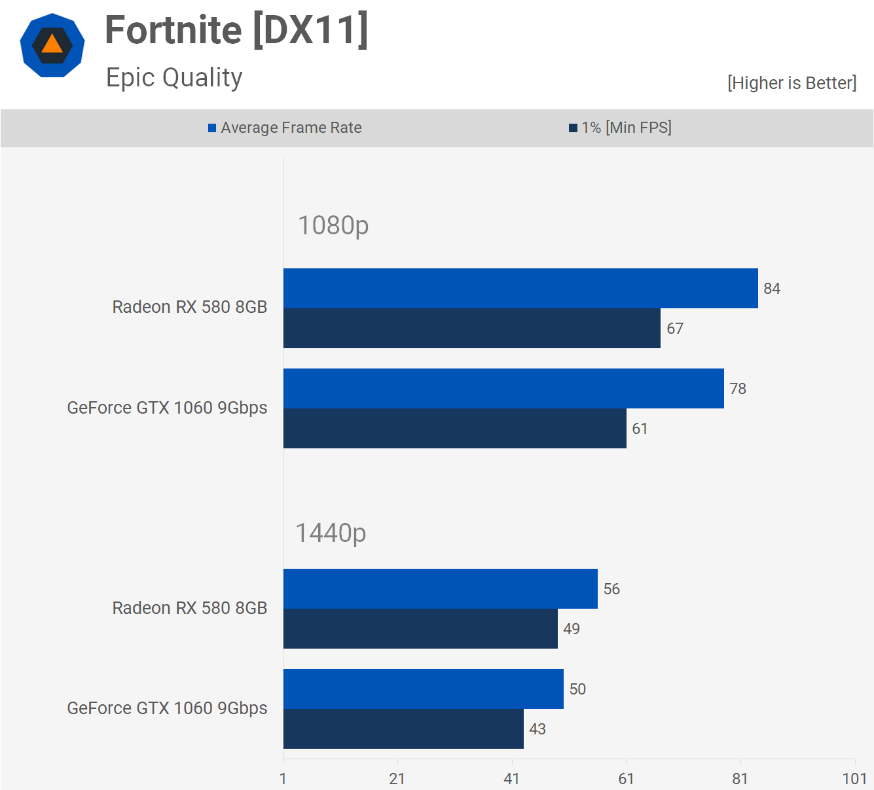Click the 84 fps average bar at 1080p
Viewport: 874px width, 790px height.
[x=520, y=288]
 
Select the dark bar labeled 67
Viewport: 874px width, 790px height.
[x=471, y=328]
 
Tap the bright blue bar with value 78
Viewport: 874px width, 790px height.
[x=503, y=388]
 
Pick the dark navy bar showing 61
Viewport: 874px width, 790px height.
[x=454, y=428]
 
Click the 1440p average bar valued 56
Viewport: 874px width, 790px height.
[x=440, y=588]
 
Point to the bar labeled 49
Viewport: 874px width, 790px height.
[x=420, y=628]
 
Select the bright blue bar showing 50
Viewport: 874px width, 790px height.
[x=423, y=689]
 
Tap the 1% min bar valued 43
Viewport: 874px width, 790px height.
[x=403, y=728]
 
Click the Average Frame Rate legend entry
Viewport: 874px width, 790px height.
[x=285, y=128]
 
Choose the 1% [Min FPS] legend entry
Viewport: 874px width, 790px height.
[x=621, y=128]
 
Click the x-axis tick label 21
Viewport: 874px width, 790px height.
[x=397, y=778]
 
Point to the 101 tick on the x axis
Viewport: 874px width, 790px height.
[x=854, y=778]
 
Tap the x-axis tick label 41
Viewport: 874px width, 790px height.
[x=512, y=778]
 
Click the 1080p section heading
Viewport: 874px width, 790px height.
[x=333, y=225]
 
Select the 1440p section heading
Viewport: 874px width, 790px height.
[x=331, y=533]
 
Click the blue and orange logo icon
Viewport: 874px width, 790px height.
[x=52, y=45]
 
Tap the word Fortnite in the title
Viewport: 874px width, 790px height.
[x=173, y=30]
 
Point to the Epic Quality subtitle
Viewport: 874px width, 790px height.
[x=174, y=77]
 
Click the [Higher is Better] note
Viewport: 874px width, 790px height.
[x=792, y=83]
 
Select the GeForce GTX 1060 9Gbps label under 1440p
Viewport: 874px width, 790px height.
[x=167, y=708]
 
